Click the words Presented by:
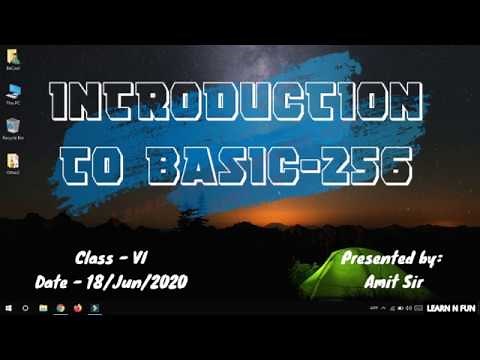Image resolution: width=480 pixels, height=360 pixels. pos(391,257)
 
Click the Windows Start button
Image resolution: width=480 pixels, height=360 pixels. pos(8,310)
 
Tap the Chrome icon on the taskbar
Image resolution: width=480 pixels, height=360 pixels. pos(61,310)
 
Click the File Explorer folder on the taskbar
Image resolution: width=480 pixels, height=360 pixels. pos(43,310)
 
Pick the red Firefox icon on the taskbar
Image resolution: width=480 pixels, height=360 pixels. pos(77,310)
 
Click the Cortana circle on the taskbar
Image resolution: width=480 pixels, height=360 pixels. pos(25,310)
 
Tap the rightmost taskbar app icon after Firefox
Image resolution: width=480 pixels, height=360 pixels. pos(94,310)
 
